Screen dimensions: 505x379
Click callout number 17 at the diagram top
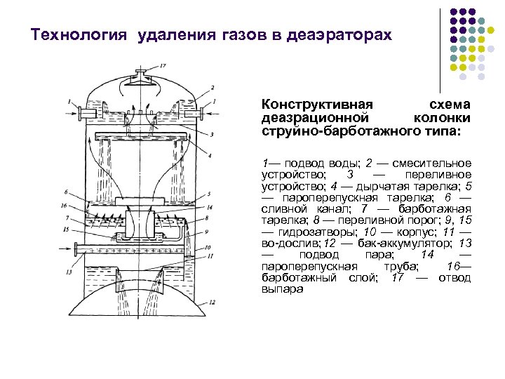coord(163,65)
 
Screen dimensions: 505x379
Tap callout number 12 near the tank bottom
coord(211,302)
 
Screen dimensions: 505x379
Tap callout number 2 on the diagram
coord(211,88)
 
